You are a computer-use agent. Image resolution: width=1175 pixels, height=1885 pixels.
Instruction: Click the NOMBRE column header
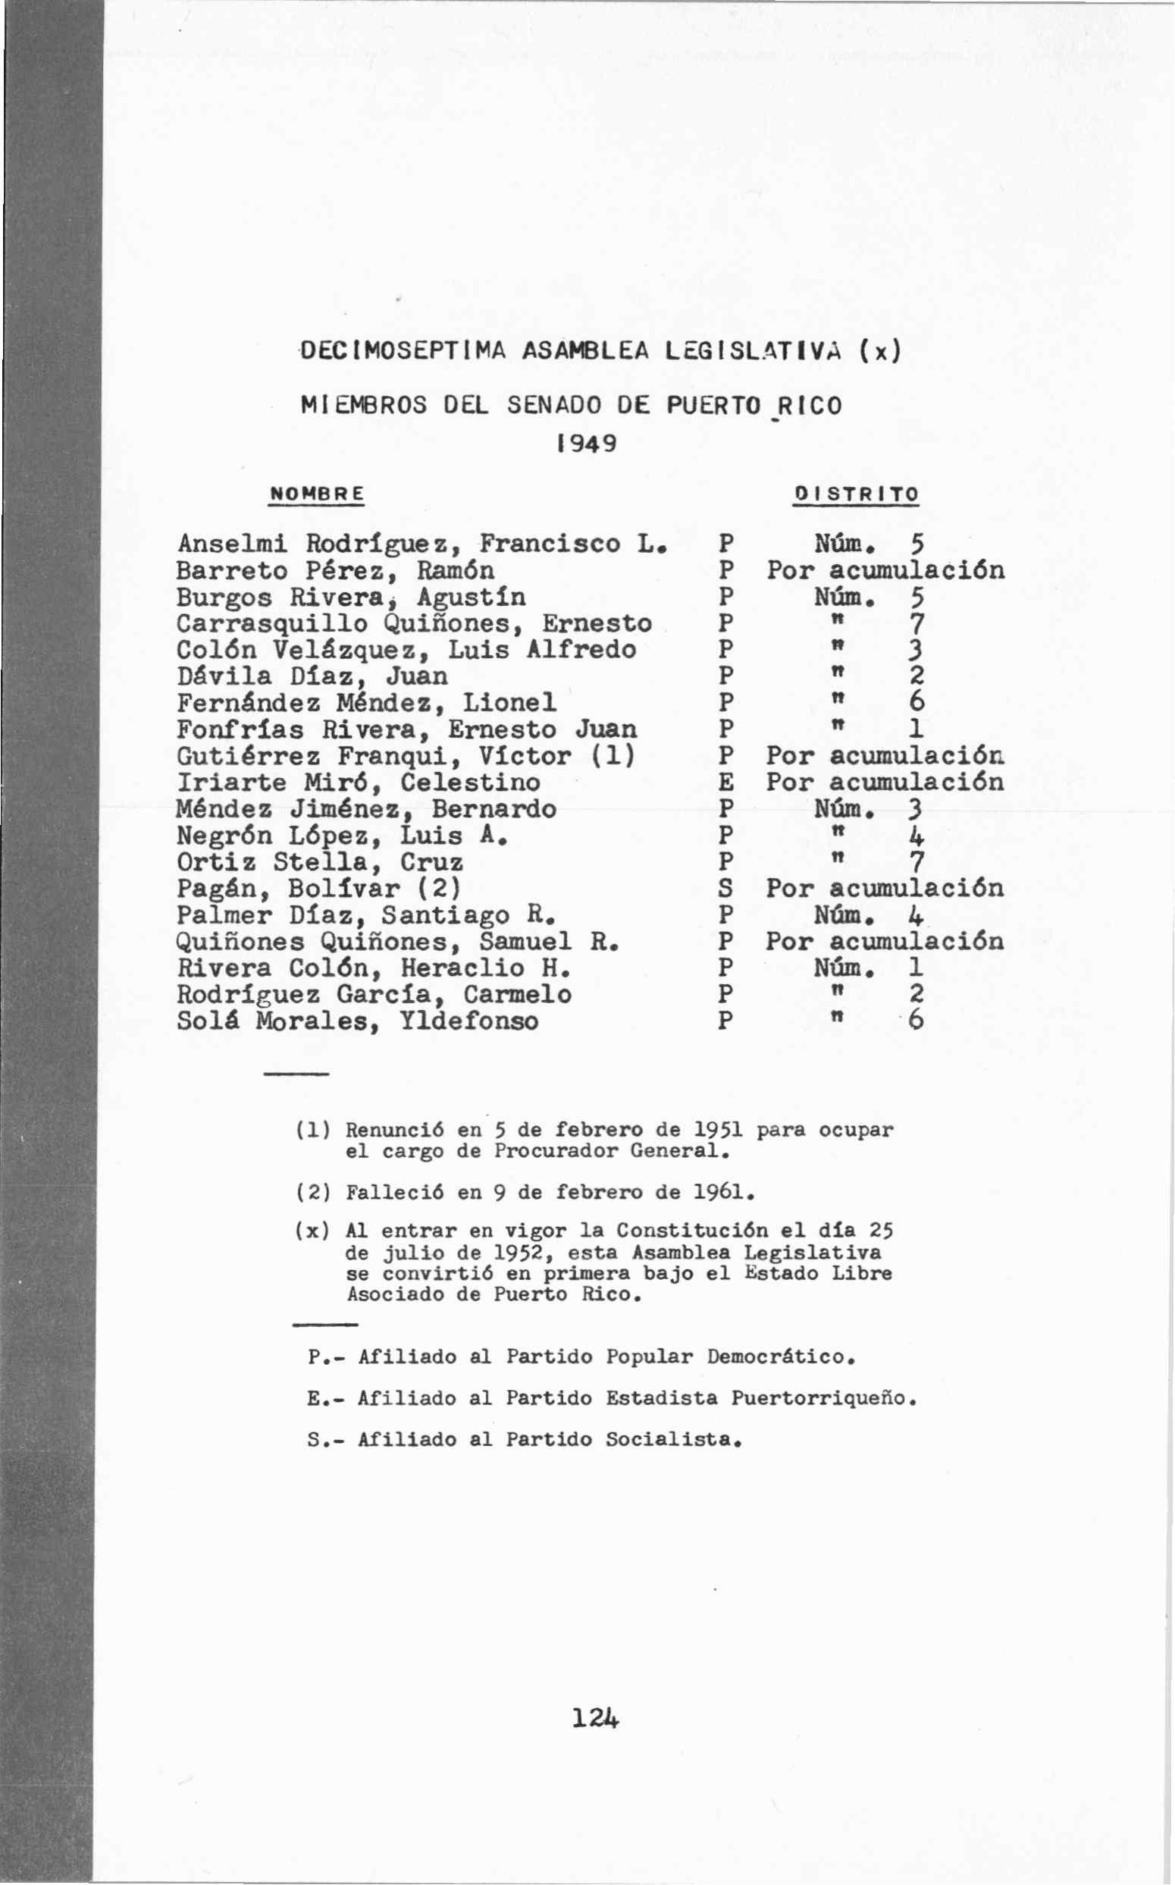[316, 494]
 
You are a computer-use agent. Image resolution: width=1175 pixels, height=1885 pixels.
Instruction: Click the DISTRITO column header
[856, 494]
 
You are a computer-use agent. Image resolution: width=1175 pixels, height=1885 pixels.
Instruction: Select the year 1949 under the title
[587, 444]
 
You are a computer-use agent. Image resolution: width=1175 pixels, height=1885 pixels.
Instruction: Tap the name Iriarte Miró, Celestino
[359, 783]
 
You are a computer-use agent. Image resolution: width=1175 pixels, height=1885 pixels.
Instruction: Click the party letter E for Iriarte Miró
[725, 783]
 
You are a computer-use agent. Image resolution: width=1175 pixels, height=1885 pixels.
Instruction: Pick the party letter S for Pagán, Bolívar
[725, 889]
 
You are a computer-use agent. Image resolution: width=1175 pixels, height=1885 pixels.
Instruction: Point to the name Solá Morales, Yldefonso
[358, 1021]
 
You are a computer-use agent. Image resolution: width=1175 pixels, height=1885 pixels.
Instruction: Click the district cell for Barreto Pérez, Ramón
[885, 570]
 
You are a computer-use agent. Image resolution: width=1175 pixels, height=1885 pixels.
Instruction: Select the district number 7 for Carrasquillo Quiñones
[917, 623]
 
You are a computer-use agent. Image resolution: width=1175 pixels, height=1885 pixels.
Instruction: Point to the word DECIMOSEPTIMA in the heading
[403, 352]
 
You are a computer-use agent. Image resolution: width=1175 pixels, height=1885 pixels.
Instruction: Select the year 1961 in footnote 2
[722, 1192]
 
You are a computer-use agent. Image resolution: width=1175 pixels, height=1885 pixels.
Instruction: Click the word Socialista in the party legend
[673, 1440]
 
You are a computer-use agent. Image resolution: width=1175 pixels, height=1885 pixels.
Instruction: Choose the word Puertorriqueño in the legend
[822, 1398]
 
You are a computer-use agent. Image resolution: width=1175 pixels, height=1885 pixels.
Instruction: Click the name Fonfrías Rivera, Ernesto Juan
[406, 729]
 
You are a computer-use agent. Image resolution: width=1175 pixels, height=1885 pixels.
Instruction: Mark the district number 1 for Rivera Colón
[916, 968]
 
